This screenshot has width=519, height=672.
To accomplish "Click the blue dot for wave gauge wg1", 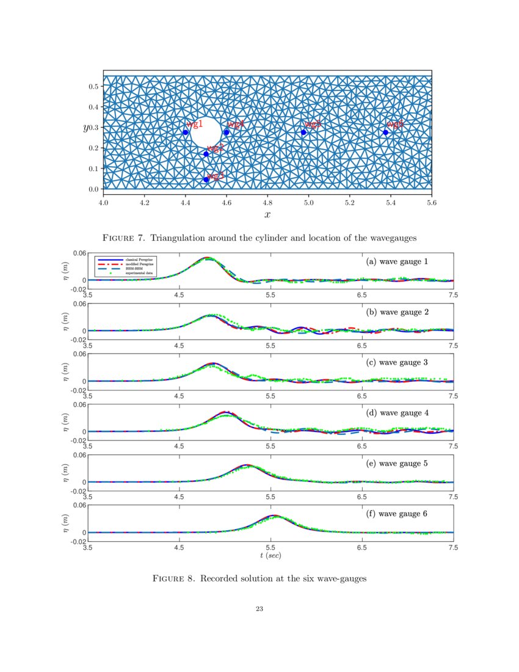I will pos(186,133).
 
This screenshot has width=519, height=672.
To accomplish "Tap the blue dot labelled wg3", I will pos(206,180).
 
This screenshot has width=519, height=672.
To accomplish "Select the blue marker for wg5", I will pos(303,133).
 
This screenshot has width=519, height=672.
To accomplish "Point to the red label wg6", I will pos(394,125).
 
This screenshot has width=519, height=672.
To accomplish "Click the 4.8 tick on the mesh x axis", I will pos(267,200).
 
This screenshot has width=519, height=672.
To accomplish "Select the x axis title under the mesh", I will pos(267,214).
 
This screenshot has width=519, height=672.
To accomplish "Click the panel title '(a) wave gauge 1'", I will pos(397,261).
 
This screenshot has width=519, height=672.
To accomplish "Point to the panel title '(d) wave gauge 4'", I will pos(397,413).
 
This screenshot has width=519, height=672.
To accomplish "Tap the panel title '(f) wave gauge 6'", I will pos(397,514).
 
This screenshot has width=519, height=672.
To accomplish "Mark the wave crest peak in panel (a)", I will pos(208,258).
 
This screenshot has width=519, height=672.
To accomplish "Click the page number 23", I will pos(259,608).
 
